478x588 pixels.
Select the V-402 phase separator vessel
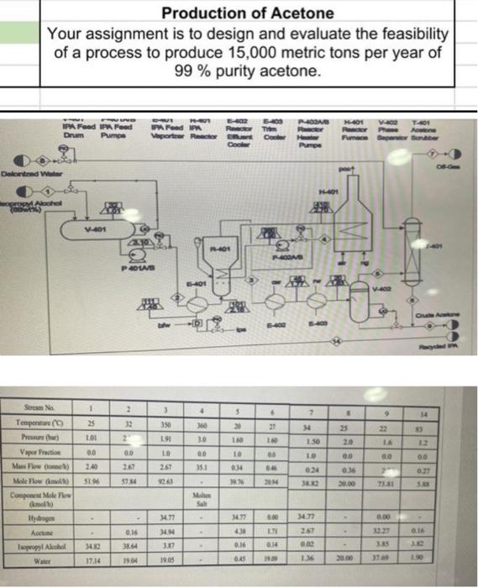coord(387,290)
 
